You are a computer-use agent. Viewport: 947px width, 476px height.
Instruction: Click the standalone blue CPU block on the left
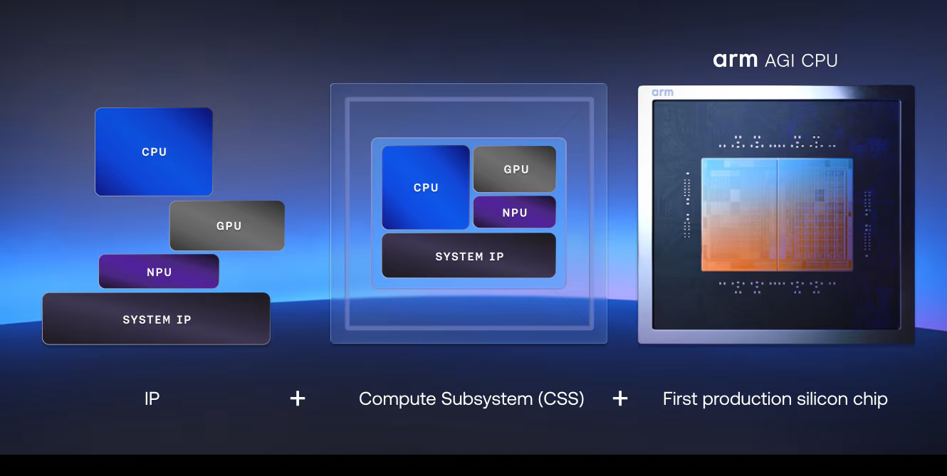point(154,152)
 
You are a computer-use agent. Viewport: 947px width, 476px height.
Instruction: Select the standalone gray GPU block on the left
point(227,226)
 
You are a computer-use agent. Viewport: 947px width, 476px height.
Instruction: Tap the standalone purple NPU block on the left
point(159,272)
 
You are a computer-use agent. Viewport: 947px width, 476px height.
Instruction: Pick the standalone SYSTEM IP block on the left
point(156,319)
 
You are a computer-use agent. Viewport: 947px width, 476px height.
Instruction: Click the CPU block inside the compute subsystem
point(426,187)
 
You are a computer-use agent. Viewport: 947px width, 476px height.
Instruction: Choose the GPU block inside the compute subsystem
point(515,169)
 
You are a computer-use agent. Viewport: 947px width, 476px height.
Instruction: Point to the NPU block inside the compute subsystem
point(515,212)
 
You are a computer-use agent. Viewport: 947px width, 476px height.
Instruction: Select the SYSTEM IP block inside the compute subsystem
point(469,256)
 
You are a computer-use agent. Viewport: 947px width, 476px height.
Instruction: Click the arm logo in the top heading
point(735,60)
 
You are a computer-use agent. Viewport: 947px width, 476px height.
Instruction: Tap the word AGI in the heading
point(780,60)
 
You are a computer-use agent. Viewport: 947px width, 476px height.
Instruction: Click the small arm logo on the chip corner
point(662,92)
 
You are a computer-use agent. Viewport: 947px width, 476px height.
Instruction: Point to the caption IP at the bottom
point(152,398)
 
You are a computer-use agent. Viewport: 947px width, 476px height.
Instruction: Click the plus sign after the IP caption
point(298,398)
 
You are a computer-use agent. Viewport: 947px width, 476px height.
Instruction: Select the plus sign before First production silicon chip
point(620,398)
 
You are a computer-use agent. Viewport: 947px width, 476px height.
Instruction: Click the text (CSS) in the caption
point(561,398)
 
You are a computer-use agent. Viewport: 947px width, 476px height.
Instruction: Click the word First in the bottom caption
point(679,398)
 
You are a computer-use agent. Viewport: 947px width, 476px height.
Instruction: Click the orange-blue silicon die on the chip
point(777,214)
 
